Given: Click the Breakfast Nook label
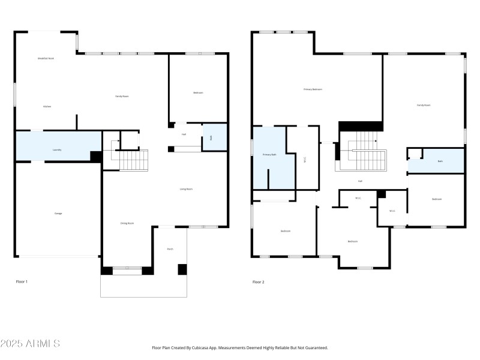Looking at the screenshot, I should coord(46,58).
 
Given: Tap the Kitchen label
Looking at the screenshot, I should coord(47,106).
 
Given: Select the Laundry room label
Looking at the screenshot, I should coord(57,150).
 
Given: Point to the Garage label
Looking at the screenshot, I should coord(58,213).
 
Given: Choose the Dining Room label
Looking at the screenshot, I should coord(127,223).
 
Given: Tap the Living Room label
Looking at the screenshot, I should coord(186,189).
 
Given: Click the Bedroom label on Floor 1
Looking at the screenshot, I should coord(198,92).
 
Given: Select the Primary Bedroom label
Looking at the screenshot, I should coord(313,89).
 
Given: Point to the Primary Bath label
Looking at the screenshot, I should coord(269,155).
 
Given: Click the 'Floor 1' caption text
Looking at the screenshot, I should coord(22,281).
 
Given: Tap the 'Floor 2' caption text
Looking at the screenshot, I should coord(258,281).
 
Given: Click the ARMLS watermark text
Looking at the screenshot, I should coord(30,344).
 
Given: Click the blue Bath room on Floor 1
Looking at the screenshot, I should coord(211,137).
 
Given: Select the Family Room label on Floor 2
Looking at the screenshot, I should coord(424,105).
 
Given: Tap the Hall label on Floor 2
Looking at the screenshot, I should coord(360,181).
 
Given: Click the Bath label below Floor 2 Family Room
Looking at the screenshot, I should coord(440,161).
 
